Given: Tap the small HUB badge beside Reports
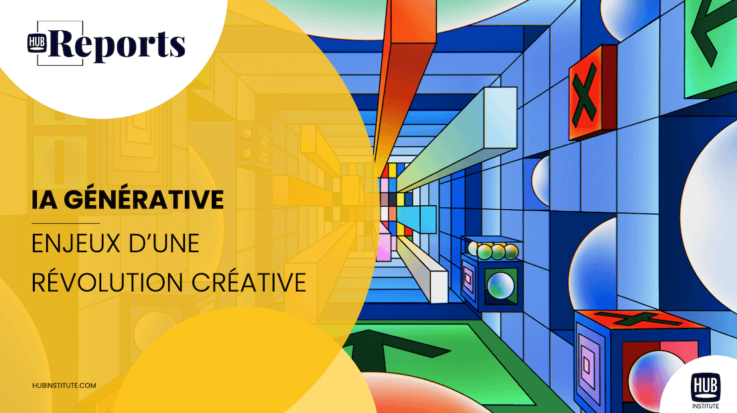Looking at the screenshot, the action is tap(37, 43).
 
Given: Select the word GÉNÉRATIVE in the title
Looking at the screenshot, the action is tap(144, 199).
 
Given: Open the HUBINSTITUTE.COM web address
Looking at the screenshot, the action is tap(64, 386).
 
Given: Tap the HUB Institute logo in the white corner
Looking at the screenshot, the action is tap(705, 390).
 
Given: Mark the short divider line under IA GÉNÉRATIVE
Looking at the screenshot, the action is tap(66, 223).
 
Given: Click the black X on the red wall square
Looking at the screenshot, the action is tap(584, 93).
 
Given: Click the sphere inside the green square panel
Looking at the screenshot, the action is tap(500, 286).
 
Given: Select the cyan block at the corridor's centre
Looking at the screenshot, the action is tap(417, 219).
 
